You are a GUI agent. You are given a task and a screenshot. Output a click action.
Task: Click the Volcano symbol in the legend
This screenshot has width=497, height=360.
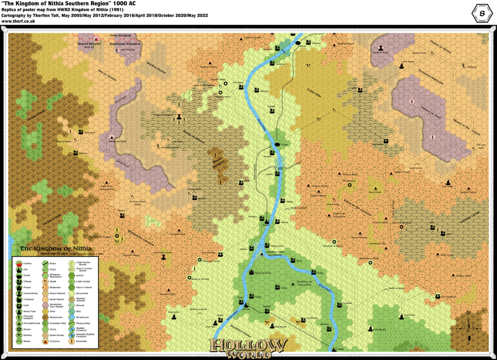tap(18, 342)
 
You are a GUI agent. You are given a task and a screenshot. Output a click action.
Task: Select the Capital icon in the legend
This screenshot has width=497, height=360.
tap(18, 262)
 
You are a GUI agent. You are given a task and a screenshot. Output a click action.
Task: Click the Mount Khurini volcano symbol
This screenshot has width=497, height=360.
tap(96, 38)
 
